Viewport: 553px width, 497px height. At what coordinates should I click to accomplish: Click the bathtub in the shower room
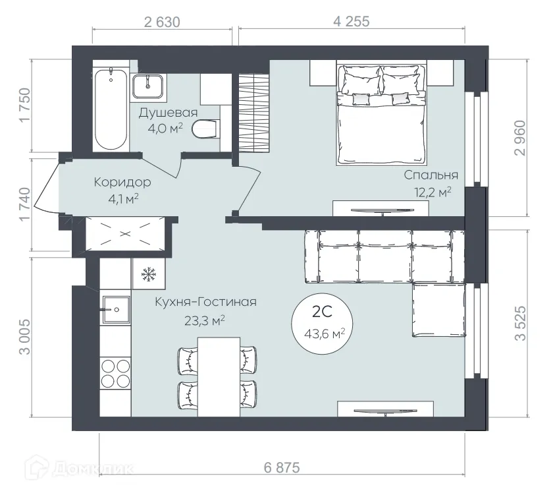(110, 109)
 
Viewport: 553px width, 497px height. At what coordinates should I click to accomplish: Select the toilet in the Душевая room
(205, 129)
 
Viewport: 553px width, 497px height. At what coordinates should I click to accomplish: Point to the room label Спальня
(431, 175)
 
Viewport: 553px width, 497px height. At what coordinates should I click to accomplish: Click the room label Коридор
(122, 182)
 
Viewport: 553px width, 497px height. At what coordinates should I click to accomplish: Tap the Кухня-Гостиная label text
(205, 303)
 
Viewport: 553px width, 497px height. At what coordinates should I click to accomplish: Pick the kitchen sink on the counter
(115, 308)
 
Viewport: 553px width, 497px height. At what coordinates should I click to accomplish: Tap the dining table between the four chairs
(218, 376)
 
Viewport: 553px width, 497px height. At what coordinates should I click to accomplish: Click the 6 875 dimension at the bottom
(281, 468)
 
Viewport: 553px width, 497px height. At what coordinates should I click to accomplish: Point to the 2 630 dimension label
(161, 21)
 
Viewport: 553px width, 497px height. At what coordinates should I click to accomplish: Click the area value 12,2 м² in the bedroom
(431, 192)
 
